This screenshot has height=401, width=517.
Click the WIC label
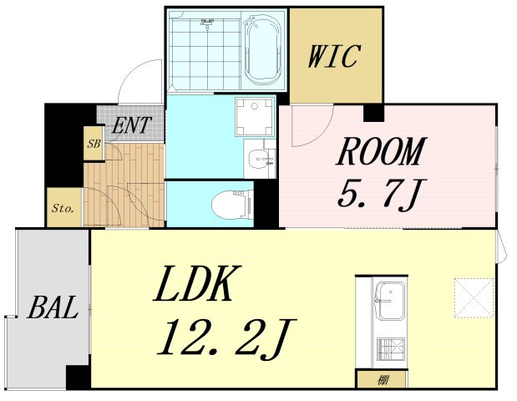pos(334,56)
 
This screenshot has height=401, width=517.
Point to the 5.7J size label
pos(382,195)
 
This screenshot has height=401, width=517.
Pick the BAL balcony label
pos(53,307)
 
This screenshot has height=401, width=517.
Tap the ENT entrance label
pos(131,125)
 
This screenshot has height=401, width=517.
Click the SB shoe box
pos(94,144)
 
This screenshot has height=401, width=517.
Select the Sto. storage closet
pos(64,207)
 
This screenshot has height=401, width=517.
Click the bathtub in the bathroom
pos(263,50)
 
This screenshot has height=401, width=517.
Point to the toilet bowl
pos(231,206)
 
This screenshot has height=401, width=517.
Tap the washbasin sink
pos(261,159)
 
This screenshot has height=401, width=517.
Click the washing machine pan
pos(255,117)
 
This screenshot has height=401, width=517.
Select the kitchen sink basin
pos(391,301)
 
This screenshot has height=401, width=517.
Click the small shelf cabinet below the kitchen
pos(383,379)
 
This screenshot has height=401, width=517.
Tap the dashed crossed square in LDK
pos(474,297)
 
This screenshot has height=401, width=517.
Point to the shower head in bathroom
pos(207,23)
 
